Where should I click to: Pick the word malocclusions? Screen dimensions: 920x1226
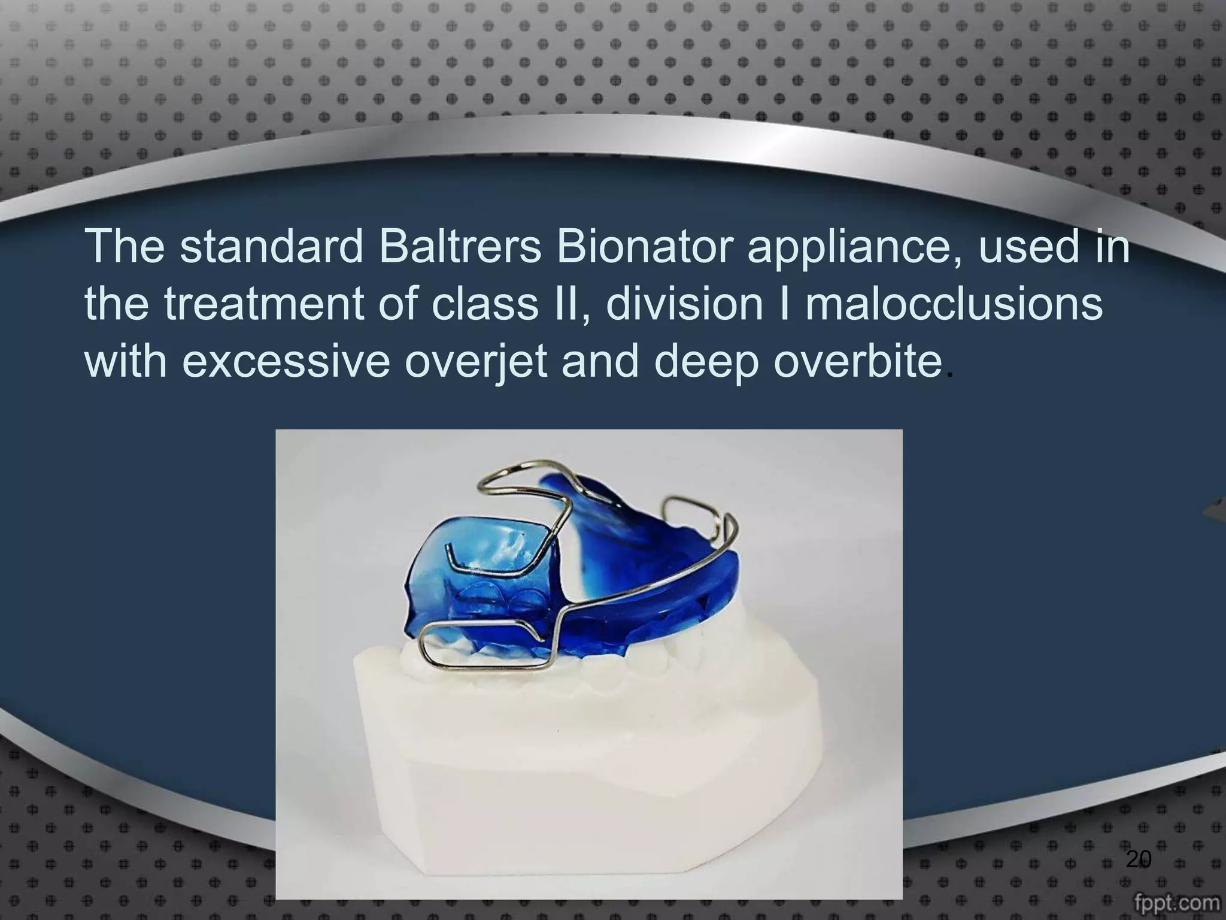(x=953, y=304)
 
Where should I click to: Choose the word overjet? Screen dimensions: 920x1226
(x=476, y=363)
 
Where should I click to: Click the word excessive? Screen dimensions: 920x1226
(x=286, y=362)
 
